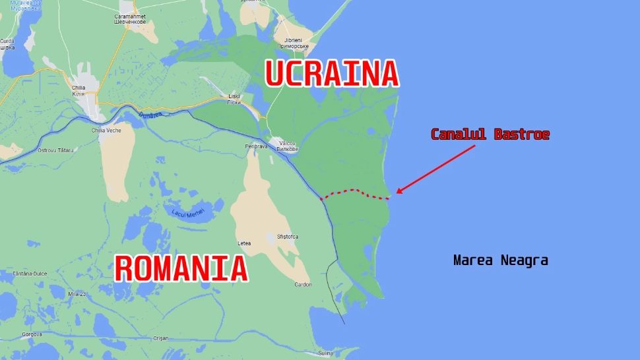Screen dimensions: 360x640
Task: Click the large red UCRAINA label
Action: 332,73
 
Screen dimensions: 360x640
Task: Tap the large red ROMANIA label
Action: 181,268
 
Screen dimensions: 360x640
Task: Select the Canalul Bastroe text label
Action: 490,135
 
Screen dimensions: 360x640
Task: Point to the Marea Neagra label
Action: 501,260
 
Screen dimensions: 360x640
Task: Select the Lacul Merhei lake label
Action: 188,212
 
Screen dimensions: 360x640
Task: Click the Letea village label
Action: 244,243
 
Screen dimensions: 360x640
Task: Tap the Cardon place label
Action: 303,285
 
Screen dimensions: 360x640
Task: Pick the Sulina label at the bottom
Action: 325,353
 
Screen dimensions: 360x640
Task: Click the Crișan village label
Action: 162,338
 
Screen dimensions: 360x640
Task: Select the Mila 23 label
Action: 77,293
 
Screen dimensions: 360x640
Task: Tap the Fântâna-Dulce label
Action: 32,273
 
